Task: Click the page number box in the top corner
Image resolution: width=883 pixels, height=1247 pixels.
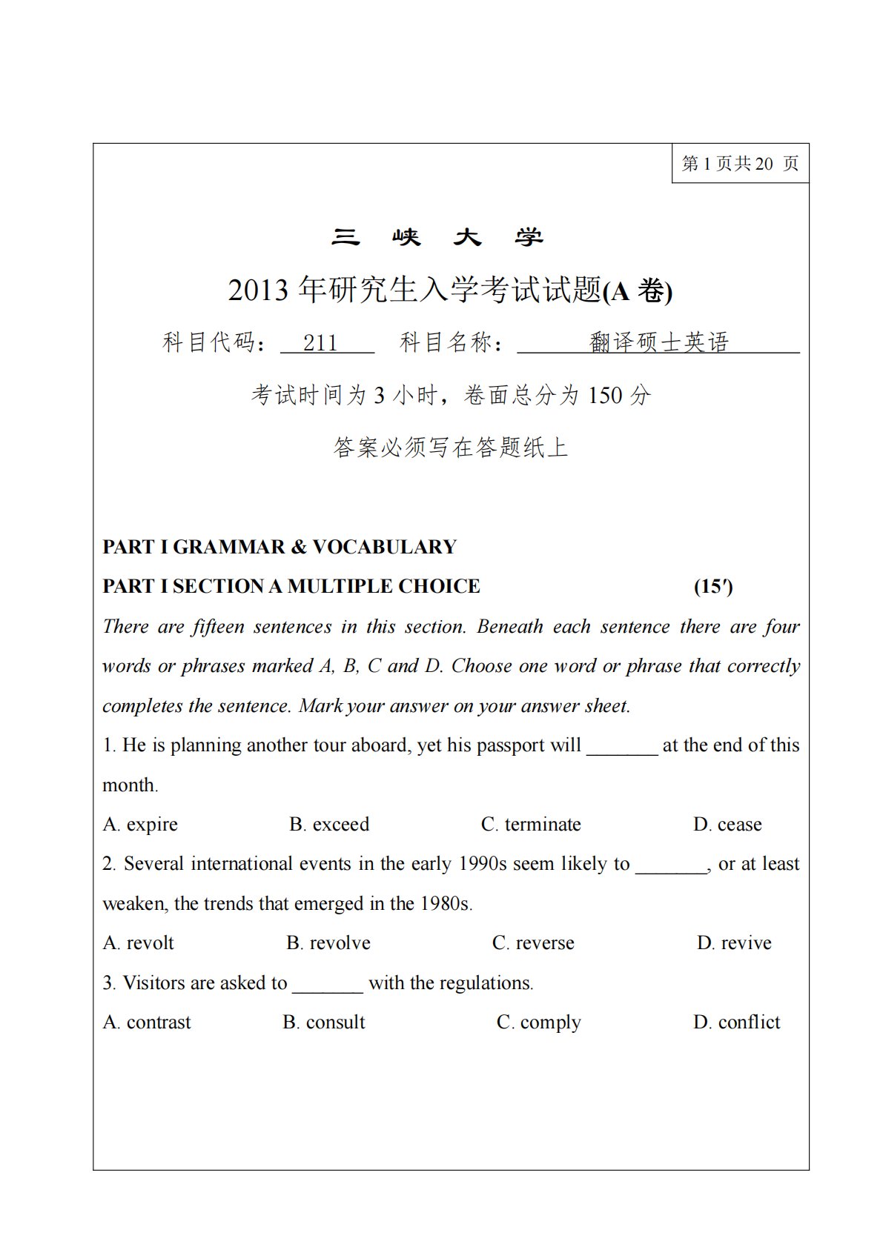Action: pos(739,163)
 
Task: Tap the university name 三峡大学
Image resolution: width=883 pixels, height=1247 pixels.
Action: pos(437,237)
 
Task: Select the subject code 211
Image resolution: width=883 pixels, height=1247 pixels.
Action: pos(320,342)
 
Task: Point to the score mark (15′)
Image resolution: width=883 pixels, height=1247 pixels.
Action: pos(713,586)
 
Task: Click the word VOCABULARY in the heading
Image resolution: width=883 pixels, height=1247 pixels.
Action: pos(384,547)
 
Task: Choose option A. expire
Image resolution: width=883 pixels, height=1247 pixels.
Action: pos(141,824)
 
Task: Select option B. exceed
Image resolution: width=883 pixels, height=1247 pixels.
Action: pos(329,824)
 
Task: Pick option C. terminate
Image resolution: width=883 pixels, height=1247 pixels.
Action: pos(531,824)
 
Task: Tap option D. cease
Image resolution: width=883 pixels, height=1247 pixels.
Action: pos(727,824)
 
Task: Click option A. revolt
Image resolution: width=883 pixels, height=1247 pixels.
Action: pos(139,942)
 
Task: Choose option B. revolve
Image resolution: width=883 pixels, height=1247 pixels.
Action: pos(328,942)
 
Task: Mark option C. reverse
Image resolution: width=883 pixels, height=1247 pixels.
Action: pos(533,942)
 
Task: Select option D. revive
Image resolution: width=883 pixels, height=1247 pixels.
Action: pos(734,942)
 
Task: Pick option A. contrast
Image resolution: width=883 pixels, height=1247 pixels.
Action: pos(147,1022)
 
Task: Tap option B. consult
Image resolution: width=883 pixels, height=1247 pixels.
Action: pos(324,1022)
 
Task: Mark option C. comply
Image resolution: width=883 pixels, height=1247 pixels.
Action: pos(539,1022)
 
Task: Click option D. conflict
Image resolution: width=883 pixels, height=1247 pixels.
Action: pos(737,1022)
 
